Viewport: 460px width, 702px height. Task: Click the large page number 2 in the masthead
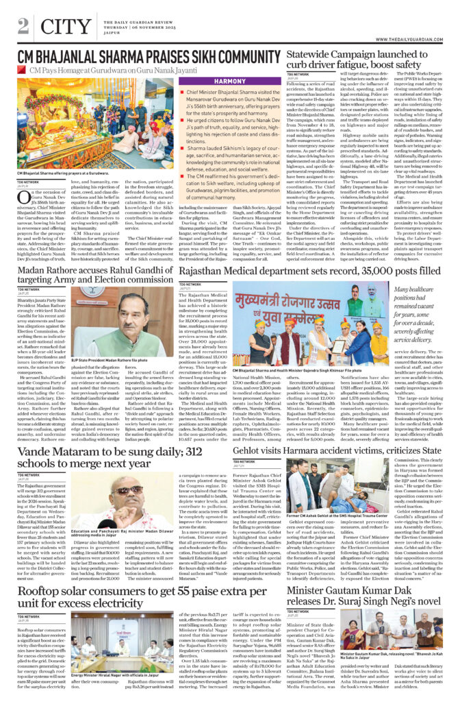click(x=23, y=25)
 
